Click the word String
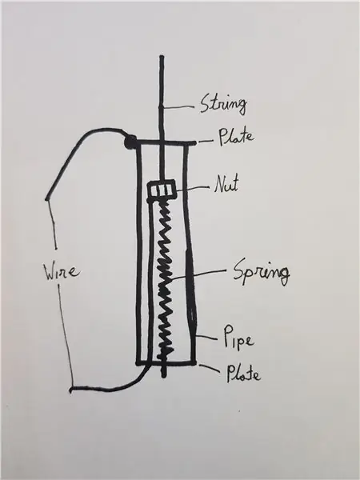click(223, 105)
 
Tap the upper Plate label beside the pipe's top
click(236, 137)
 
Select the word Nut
click(226, 184)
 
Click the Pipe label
click(238, 338)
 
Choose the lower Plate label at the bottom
click(244, 374)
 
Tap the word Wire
click(62, 272)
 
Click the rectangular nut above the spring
click(162, 189)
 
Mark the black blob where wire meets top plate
click(130, 142)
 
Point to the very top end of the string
click(162, 57)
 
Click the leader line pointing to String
click(178, 107)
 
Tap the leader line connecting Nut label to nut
click(193, 189)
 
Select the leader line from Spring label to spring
click(198, 274)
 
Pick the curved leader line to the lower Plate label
click(210, 367)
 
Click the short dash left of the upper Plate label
click(206, 142)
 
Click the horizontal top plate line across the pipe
click(166, 142)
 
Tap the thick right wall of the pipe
click(190, 254)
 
